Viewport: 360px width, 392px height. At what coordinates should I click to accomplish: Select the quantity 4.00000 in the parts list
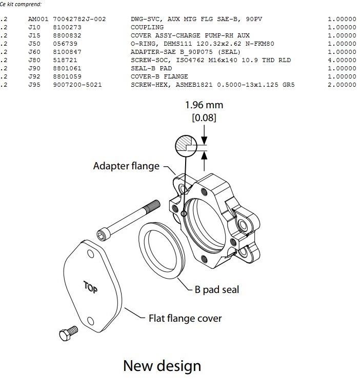342,60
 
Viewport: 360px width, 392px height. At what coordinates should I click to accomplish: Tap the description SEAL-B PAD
151,69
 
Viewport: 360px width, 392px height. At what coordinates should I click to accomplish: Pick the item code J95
34,85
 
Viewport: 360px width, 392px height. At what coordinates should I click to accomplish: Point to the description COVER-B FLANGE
159,76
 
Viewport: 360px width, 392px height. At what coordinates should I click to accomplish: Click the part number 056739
65,44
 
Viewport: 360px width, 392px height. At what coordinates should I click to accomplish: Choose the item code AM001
38,19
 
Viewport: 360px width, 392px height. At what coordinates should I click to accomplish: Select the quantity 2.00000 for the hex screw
342,85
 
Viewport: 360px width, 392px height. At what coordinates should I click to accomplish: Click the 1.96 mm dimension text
204,105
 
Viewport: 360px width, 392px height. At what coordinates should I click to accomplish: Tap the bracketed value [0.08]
204,117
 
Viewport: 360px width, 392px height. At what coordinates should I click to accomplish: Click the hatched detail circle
186,146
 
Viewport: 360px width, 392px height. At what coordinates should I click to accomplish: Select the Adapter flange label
126,166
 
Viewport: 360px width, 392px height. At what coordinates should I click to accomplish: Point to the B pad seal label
216,289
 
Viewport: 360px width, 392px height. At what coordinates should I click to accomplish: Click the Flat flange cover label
185,318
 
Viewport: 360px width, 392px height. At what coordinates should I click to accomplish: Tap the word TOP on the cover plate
90,287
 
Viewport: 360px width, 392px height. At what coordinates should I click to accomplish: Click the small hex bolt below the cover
68,334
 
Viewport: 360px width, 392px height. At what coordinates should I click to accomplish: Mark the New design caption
162,366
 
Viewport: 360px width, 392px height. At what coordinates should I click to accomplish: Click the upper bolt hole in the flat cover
91,254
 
